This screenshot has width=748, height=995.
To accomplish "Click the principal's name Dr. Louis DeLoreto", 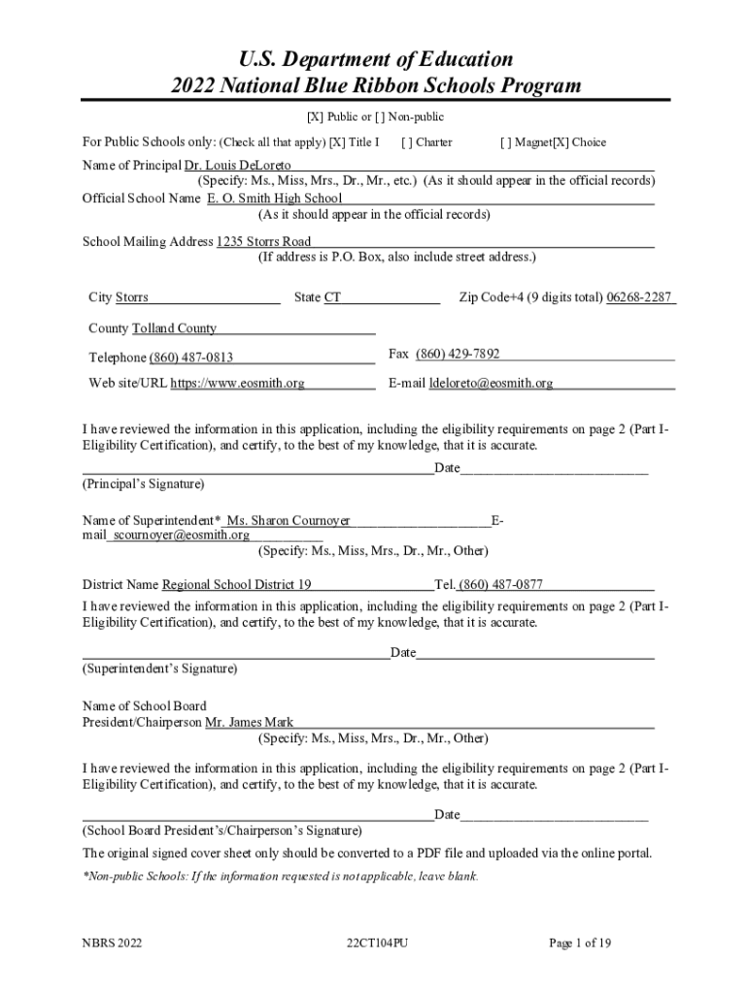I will pos(231,165).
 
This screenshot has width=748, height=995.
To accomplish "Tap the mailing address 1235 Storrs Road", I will pos(263,241).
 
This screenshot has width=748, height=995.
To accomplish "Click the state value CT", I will pos(332,297).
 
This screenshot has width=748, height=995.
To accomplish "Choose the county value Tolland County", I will pos(174,328).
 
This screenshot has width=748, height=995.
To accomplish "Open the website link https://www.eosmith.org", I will pos(237,383).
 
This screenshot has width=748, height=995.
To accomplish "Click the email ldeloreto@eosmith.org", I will pos(491,383).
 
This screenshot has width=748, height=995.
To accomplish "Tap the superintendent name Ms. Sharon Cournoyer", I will pos(289,521).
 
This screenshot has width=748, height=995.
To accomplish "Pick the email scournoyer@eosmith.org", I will pos(181,534).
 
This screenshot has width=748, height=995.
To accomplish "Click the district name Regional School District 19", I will pos(236,585).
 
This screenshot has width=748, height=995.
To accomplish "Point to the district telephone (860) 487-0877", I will pos(500,585).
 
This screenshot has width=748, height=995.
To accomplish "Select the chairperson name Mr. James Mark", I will pos(250,723).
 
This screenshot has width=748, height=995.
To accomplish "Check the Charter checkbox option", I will pos(405,142).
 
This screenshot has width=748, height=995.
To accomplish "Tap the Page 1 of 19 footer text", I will pos(580,943).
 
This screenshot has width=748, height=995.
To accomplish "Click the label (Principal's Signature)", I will pos(144,483).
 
